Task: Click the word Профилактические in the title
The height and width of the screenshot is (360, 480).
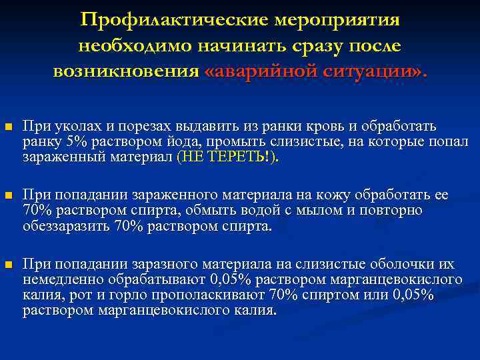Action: (174, 20)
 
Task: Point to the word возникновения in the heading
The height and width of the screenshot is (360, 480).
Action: (126, 71)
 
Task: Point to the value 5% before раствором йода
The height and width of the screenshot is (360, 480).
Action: (77, 142)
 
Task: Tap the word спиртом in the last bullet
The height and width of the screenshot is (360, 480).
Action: (340, 295)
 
